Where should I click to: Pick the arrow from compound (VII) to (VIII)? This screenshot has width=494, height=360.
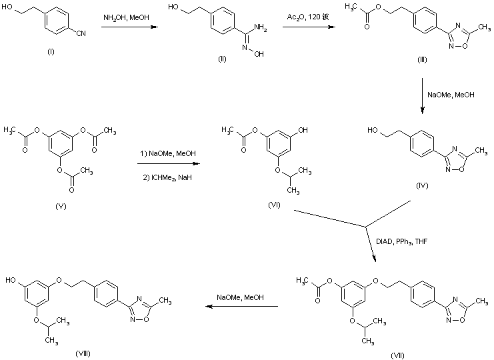241,307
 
